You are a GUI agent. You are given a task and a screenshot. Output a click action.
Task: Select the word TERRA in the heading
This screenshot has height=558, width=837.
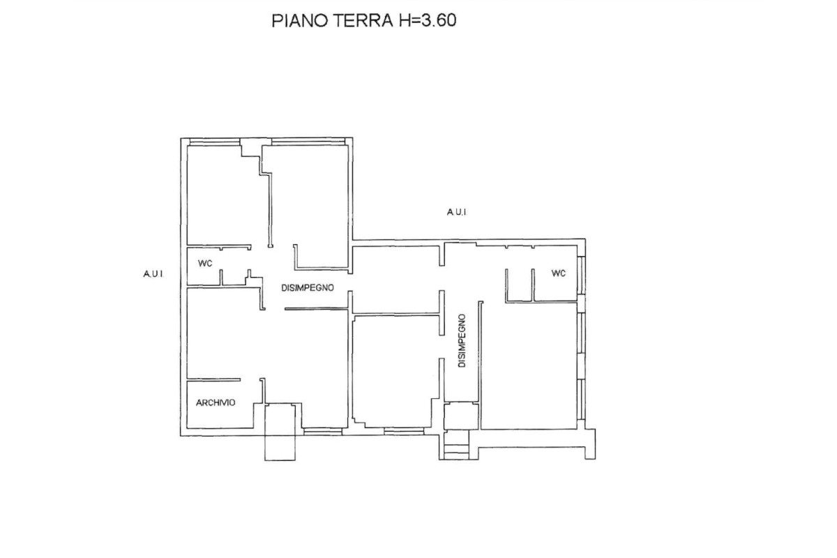[363, 20]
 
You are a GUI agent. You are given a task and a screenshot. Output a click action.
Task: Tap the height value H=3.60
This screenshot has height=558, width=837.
[428, 20]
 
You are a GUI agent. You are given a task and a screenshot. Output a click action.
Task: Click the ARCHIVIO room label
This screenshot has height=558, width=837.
[216, 403]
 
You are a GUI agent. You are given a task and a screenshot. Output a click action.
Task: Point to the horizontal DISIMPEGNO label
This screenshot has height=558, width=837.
[308, 288]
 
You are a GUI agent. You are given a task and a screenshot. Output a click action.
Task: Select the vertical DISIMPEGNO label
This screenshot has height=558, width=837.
[462, 340]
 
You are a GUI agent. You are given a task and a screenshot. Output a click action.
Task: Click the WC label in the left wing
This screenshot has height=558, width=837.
[205, 264]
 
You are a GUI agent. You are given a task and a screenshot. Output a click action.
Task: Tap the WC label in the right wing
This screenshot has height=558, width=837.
[559, 273]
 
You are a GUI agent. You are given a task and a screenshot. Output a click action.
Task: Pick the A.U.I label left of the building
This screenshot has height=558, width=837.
[153, 274]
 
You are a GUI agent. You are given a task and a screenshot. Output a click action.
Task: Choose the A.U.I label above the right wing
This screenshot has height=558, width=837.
[457, 212]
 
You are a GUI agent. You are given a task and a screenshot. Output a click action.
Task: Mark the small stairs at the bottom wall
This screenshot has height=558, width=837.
[456, 445]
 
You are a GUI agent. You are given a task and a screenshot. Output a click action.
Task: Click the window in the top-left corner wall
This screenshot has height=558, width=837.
[215, 142]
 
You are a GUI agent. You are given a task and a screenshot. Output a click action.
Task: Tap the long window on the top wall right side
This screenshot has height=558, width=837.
[308, 142]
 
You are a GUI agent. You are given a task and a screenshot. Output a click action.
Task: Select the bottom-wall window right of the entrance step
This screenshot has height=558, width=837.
[323, 432]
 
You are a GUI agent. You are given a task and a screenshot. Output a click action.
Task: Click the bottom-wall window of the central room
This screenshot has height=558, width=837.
[404, 431]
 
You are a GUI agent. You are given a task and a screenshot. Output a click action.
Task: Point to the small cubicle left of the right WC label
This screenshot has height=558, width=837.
[519, 285]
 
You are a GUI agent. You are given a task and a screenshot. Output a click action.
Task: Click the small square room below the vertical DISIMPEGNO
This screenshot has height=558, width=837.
[461, 416]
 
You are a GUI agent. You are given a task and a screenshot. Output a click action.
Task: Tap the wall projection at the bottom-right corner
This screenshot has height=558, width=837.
[590, 444]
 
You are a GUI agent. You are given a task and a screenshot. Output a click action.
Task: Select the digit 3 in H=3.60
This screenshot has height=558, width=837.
[427, 20]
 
